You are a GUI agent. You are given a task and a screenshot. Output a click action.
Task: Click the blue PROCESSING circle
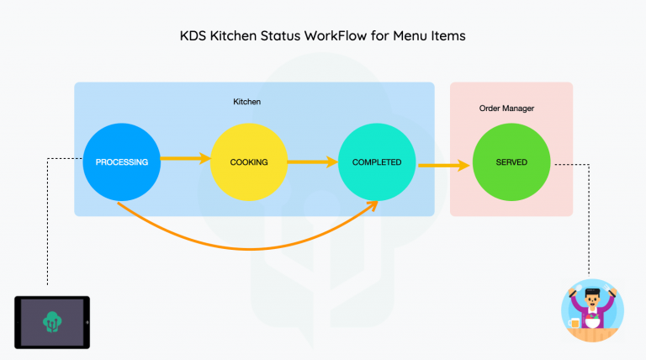[x=122, y=162]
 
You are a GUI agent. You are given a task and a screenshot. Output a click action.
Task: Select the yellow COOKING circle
[x=248, y=162]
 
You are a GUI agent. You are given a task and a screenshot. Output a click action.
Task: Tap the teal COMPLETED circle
[x=377, y=162]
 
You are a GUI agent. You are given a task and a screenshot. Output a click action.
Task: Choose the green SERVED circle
[x=511, y=162]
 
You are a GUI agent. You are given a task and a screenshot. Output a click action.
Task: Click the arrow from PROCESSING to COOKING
[x=184, y=157]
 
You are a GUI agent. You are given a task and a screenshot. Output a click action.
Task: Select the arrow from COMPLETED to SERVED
[x=443, y=165]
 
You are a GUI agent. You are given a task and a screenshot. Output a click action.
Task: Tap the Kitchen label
[x=247, y=102]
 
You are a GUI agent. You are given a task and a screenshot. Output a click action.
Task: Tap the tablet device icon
[x=52, y=321]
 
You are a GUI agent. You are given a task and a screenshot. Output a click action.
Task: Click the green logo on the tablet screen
[x=52, y=320]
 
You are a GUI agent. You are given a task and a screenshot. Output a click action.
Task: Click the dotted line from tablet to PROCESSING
[x=48, y=219]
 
